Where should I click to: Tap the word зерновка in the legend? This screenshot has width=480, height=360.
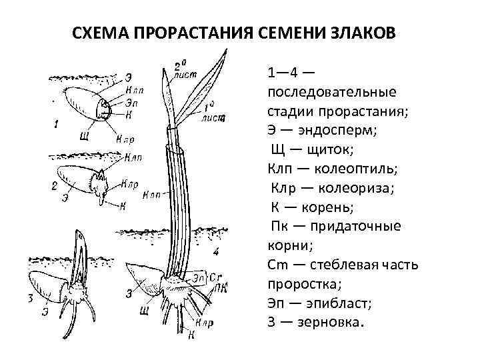(329, 321)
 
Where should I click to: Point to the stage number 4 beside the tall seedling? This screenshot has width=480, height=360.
(215, 251)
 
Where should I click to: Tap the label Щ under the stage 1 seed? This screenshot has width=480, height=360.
(84, 137)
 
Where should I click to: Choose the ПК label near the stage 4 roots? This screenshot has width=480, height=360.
(221, 287)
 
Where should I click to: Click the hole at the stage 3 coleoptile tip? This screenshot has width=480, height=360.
(80, 236)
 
